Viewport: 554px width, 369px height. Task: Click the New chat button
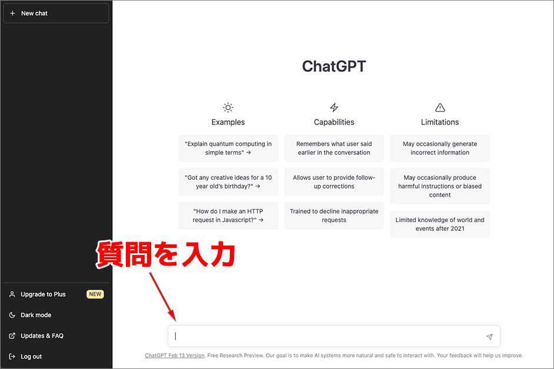(x=56, y=13)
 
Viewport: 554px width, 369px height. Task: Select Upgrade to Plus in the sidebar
(x=43, y=294)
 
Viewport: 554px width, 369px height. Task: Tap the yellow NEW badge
(x=95, y=294)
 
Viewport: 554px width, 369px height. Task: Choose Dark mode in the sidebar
(x=36, y=315)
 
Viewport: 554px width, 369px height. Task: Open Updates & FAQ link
(x=42, y=336)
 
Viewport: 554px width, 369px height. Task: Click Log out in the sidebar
(x=31, y=357)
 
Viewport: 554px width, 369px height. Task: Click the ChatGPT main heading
(x=334, y=66)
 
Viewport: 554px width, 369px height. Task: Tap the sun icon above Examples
(x=228, y=108)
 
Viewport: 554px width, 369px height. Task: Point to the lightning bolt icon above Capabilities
(x=334, y=108)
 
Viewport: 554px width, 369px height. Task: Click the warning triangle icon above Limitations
(x=440, y=108)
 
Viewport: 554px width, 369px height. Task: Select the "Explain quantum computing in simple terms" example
(x=228, y=148)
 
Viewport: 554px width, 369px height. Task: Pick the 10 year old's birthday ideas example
(x=228, y=182)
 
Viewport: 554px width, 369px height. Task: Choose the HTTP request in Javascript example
(x=228, y=216)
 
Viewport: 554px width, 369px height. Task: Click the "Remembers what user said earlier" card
(x=334, y=148)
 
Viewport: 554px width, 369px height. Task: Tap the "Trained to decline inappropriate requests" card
(x=334, y=216)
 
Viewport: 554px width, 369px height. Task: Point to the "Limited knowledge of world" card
(x=440, y=224)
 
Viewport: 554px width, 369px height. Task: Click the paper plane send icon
(x=489, y=337)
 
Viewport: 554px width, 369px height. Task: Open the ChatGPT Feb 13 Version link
(x=175, y=355)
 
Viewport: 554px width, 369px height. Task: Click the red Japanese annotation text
(x=166, y=254)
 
